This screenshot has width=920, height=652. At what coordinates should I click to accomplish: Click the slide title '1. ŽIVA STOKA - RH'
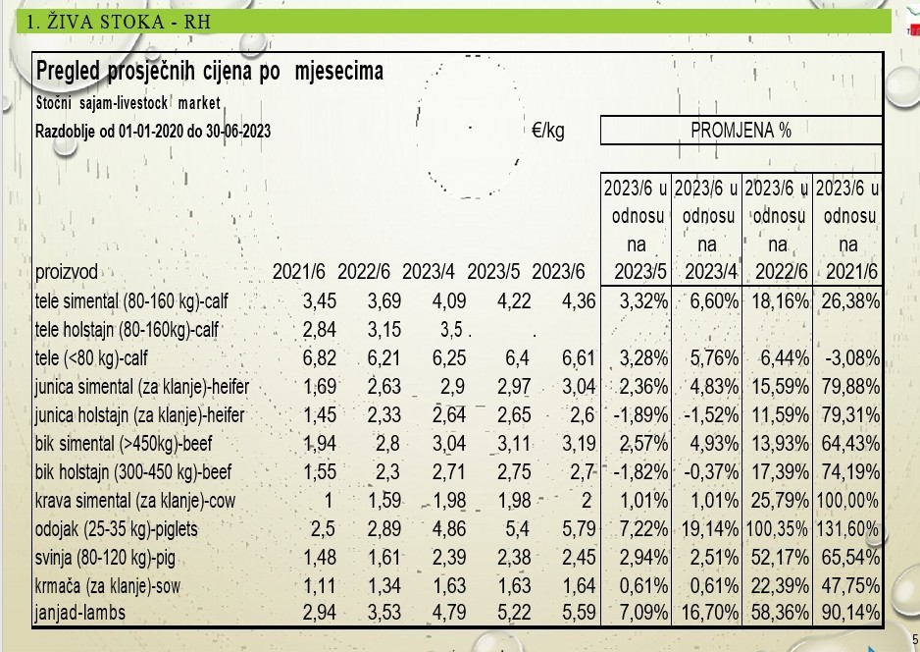[x=119, y=21]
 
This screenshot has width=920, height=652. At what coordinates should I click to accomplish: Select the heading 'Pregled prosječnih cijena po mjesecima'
[x=209, y=72]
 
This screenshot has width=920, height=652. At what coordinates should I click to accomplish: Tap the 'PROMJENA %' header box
[x=741, y=131]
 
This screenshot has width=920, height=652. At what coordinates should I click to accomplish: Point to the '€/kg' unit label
[x=548, y=131]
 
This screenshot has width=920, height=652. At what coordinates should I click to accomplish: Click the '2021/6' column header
[x=298, y=272]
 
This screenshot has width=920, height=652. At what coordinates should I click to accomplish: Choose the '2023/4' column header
[x=434, y=272]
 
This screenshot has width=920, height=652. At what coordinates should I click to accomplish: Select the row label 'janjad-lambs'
[x=81, y=616]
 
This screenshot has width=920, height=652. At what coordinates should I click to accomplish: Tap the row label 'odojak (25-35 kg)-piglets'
[x=116, y=530]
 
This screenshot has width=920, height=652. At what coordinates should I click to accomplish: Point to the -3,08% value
[x=851, y=358]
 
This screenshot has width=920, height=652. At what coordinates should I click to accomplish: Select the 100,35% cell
[x=777, y=530]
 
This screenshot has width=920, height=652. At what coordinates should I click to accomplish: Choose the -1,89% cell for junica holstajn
[x=638, y=415]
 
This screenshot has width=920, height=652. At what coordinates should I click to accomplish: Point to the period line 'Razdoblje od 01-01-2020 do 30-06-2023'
[x=153, y=131]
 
